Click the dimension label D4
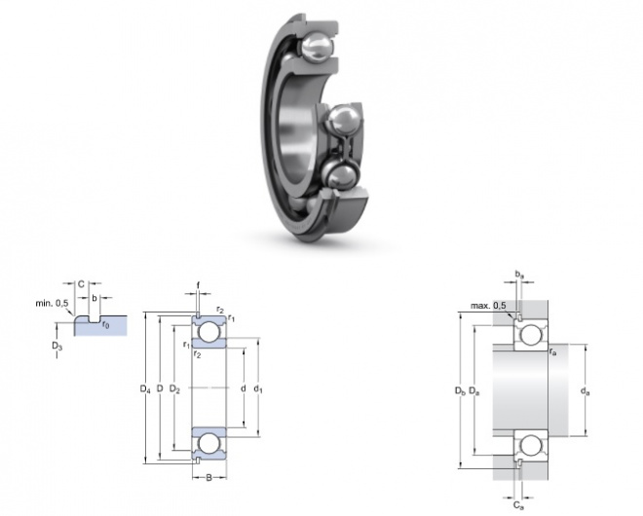(145, 388)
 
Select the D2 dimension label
(174, 388)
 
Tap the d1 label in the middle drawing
(257, 388)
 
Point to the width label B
(208, 477)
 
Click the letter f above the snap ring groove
(198, 284)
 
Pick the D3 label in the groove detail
(57, 346)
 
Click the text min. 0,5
(52, 304)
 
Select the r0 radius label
(105, 325)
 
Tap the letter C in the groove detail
(81, 284)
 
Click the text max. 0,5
(488, 306)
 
